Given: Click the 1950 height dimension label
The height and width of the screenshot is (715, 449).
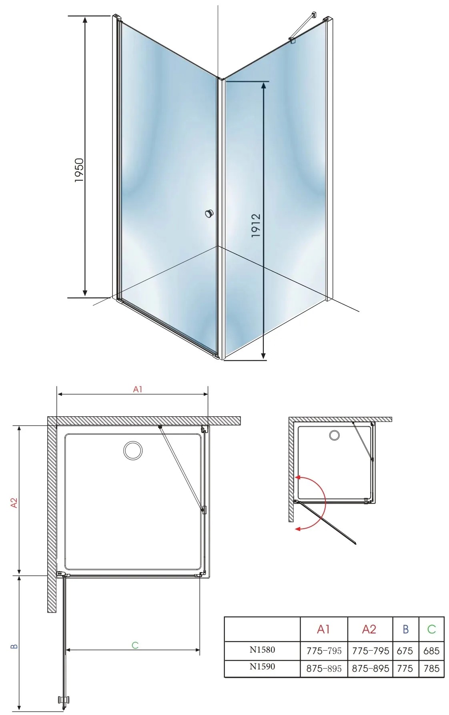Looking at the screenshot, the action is (x=79, y=170).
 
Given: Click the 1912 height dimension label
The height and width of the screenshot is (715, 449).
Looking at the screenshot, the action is (x=256, y=226).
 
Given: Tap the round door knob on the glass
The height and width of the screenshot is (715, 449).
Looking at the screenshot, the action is (x=209, y=214).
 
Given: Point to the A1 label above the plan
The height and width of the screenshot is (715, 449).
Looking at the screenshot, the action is (x=138, y=389).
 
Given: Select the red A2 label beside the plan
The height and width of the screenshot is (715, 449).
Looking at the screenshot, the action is (x=14, y=503).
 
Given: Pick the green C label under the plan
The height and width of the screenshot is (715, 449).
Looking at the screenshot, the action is (x=135, y=645).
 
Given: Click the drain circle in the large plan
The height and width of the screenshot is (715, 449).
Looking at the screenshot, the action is (x=133, y=450).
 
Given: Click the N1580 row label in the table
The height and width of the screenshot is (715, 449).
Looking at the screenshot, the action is (x=262, y=649).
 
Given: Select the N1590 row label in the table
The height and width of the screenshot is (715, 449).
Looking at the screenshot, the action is (x=262, y=666).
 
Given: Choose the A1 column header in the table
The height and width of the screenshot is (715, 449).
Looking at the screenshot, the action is (x=323, y=629).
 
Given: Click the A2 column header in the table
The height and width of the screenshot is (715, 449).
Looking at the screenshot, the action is (x=369, y=629).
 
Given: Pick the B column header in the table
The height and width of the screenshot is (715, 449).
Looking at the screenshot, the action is (x=405, y=629).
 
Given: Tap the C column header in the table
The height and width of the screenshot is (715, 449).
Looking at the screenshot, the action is (x=431, y=629).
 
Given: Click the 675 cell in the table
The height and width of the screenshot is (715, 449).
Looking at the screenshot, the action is (x=405, y=651).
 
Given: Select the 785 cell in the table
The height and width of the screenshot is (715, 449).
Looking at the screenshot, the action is (x=431, y=668).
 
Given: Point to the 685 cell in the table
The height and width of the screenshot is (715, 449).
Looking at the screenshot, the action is (x=431, y=651).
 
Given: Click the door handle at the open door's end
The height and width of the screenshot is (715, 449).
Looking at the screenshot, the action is (x=64, y=700).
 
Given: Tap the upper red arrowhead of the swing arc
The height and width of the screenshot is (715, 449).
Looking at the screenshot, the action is (x=298, y=477).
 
